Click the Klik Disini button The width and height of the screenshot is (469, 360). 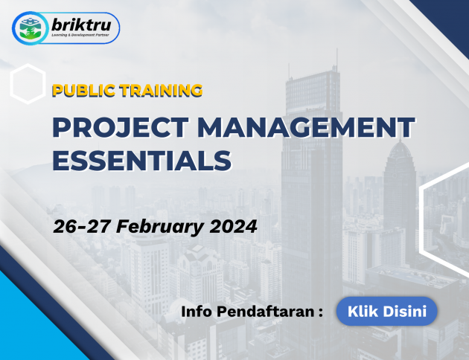(x=386, y=311)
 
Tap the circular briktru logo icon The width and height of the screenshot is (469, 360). (x=30, y=28)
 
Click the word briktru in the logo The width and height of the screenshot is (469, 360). (x=81, y=25)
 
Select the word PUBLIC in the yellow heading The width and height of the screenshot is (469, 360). (x=83, y=91)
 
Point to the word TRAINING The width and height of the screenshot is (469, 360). (x=161, y=91)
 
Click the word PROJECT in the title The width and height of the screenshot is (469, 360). (x=121, y=127)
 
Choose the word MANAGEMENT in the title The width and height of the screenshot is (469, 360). (x=306, y=127)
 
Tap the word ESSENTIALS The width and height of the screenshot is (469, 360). (x=142, y=161)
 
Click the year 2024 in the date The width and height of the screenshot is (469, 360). (x=233, y=226)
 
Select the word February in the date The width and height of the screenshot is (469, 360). (x=160, y=227)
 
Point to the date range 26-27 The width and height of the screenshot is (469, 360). (x=81, y=226)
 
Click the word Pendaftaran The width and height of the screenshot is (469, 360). (x=265, y=312)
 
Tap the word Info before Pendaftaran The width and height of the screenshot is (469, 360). (x=196, y=312)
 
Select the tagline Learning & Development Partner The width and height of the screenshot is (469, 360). (x=80, y=35)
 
